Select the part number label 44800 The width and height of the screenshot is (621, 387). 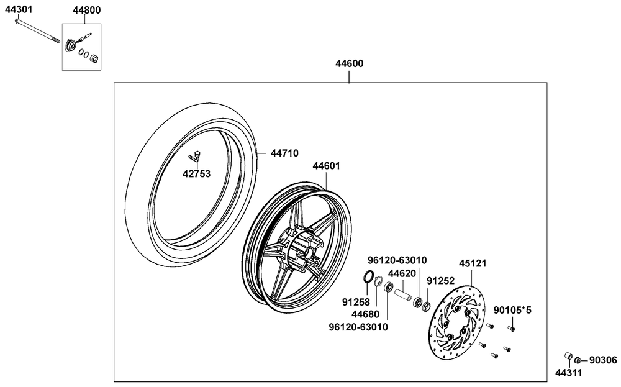click(x=86, y=11)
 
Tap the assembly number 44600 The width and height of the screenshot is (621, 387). click(x=349, y=63)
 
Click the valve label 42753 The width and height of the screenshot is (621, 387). click(x=197, y=174)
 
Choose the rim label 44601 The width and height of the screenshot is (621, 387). click(x=326, y=166)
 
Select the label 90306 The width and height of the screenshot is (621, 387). click(x=603, y=360)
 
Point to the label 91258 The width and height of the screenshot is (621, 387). click(x=355, y=302)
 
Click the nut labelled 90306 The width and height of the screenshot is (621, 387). click(x=578, y=360)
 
